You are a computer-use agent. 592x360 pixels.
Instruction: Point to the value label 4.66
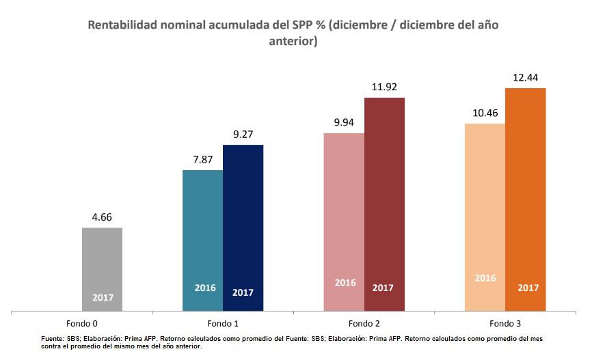103,217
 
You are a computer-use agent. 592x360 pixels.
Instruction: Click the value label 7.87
203,160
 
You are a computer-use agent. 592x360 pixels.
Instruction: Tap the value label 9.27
243,135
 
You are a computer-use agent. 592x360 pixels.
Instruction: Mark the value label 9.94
344,123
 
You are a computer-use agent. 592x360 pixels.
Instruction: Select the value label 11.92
384,87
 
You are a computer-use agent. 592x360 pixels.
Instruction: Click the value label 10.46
485,113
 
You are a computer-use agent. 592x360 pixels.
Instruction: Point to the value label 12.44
526,78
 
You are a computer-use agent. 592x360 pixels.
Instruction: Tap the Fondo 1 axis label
222,322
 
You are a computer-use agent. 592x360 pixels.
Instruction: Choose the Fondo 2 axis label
364,322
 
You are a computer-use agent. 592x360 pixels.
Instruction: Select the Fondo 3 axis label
504,322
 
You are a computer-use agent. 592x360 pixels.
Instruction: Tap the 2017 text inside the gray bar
103,298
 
